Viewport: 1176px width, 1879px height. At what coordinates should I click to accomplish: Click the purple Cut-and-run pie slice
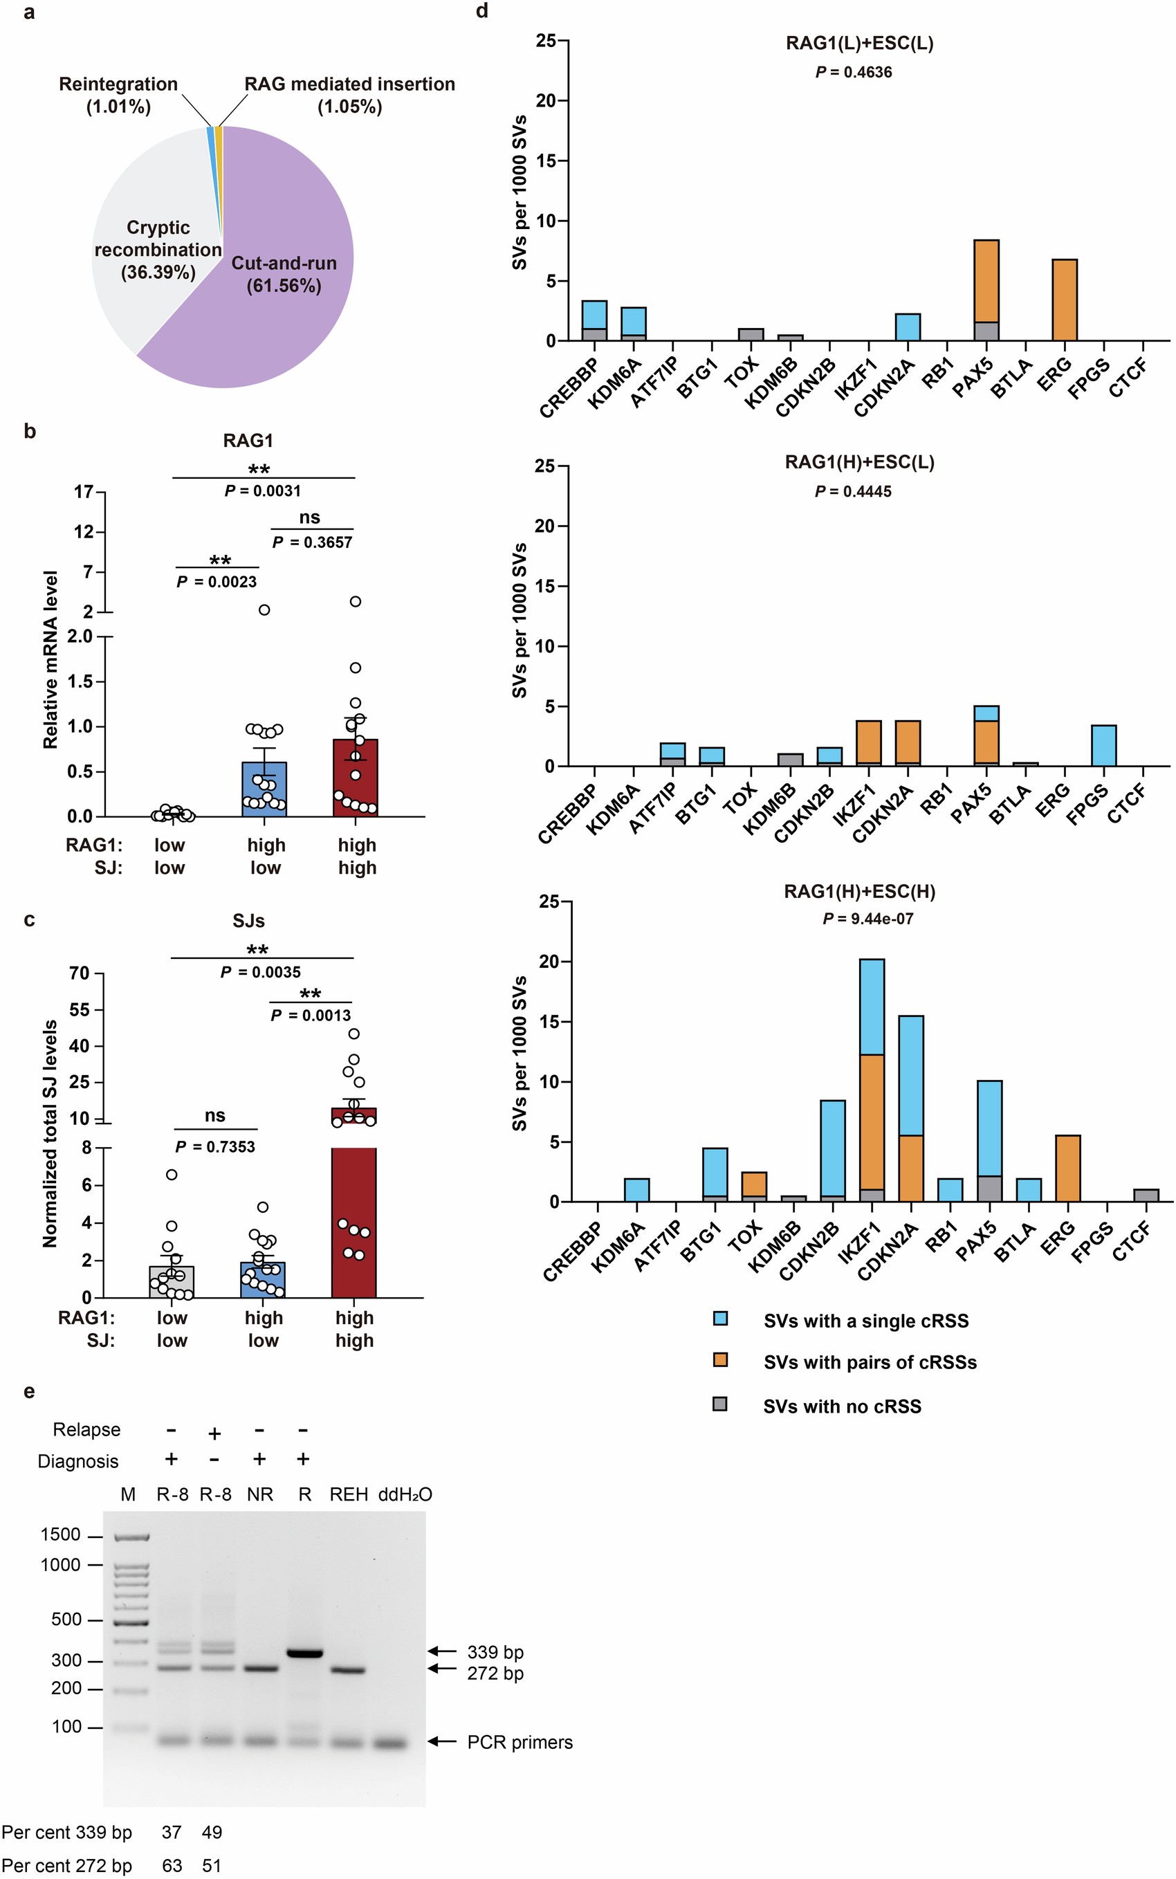[x=280, y=311]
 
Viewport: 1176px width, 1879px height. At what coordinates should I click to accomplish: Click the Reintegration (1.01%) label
[x=118, y=95]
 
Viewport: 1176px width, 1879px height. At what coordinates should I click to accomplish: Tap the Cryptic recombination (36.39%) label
[x=158, y=250]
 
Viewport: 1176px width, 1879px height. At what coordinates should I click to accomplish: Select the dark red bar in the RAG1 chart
[x=356, y=778]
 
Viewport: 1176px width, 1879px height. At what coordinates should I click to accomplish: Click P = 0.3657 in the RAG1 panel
[x=312, y=542]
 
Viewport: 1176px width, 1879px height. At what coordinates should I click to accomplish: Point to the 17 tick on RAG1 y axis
[x=84, y=491]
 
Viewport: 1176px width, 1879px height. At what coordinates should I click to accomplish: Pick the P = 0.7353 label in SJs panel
[x=215, y=1146]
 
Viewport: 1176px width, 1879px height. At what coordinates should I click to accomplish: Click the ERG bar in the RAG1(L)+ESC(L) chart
[x=1064, y=300]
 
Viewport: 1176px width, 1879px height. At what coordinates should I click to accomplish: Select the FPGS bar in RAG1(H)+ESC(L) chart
[x=1103, y=746]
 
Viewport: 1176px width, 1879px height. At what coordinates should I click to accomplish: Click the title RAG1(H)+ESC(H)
[x=859, y=891]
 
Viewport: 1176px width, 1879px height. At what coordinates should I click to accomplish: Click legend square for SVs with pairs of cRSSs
[x=720, y=1360]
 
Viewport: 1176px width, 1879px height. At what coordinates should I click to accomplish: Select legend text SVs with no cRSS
[x=842, y=1406]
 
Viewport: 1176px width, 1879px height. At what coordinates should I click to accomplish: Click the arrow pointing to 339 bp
[x=443, y=1650]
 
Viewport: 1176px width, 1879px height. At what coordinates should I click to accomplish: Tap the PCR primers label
[x=520, y=1742]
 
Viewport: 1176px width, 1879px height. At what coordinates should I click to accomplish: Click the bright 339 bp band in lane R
[x=305, y=1653]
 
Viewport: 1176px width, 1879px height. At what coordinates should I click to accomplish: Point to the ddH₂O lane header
[x=405, y=1494]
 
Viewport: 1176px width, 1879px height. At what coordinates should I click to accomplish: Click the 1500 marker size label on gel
[x=61, y=1534]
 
